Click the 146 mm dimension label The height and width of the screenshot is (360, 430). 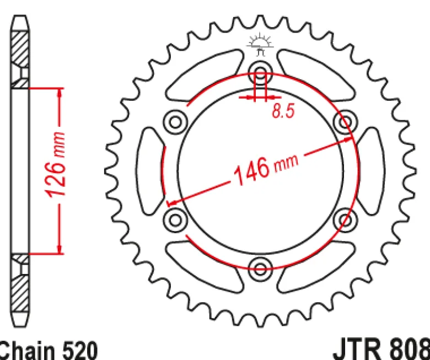point(266,170)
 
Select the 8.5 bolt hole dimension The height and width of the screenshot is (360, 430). point(283,111)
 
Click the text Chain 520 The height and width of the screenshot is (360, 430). point(47,351)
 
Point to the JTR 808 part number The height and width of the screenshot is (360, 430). point(381,350)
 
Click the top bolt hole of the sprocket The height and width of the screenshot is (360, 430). point(260,73)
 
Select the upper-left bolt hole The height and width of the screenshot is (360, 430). point(175,122)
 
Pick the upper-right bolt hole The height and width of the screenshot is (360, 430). point(345,122)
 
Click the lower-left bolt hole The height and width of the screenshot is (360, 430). point(175,219)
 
